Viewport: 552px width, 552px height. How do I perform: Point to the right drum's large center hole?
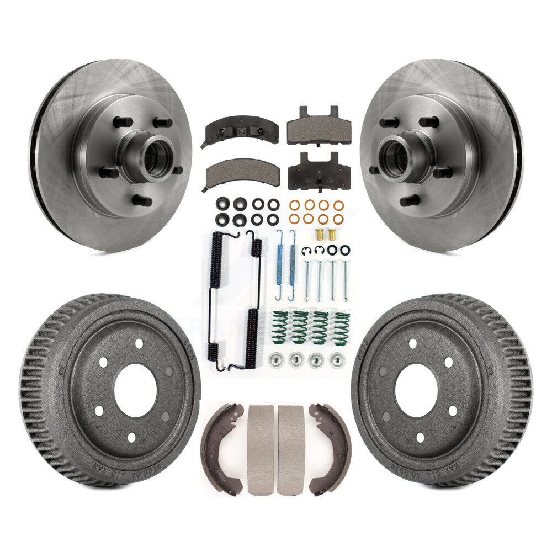pyautogui.click(x=416, y=390)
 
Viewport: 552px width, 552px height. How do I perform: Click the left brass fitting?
pyautogui.click(x=319, y=233)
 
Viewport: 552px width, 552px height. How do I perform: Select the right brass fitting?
pyautogui.click(x=333, y=233)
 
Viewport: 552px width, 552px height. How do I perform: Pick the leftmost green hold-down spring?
pyautogui.click(x=280, y=327)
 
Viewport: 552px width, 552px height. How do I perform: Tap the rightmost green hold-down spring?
pyautogui.click(x=341, y=328)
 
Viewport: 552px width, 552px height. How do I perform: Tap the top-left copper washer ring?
pyautogui.click(x=294, y=205)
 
